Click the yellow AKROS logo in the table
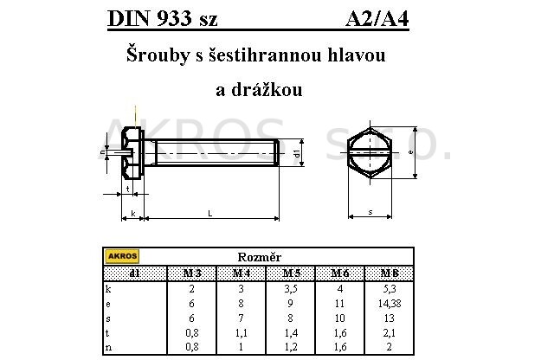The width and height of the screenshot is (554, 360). pyautogui.click(x=122, y=256)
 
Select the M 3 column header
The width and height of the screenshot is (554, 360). pyautogui.click(x=192, y=273)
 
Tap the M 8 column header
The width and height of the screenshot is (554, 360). pyautogui.click(x=390, y=273)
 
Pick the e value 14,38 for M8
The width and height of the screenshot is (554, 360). pyautogui.click(x=390, y=304)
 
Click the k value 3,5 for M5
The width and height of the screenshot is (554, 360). pyautogui.click(x=291, y=289)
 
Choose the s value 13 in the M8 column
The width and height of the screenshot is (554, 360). pyautogui.click(x=389, y=318)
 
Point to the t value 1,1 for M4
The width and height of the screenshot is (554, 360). pyautogui.click(x=241, y=333)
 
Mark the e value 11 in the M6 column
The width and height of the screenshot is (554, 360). pyautogui.click(x=339, y=304)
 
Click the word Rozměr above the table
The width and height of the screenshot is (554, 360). pyautogui.click(x=260, y=257)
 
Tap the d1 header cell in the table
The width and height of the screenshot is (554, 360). pyautogui.click(x=135, y=273)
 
